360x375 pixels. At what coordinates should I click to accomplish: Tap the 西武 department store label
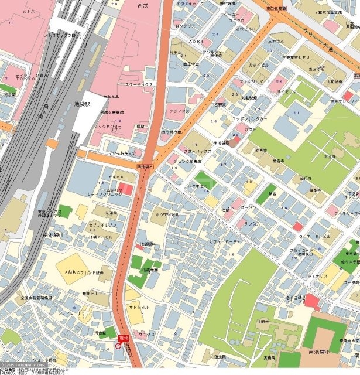143,5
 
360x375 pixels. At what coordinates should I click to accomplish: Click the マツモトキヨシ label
122,153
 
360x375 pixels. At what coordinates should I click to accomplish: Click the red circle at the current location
118,346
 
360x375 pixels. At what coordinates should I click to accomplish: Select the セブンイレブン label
104,226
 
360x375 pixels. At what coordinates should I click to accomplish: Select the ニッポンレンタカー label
249,118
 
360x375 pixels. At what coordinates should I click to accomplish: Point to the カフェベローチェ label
226,241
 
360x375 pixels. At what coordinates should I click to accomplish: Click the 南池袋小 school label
318,353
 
